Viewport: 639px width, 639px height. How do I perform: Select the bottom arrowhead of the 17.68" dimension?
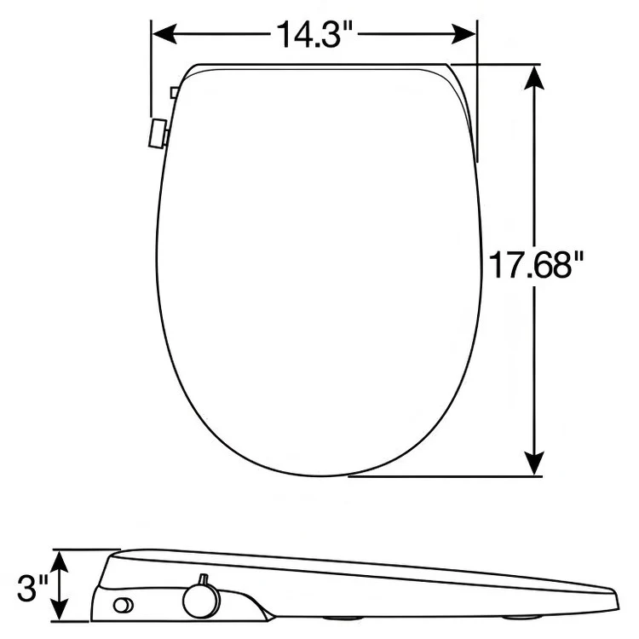tap(534, 463)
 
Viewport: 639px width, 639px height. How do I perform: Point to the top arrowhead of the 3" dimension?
tap(60, 559)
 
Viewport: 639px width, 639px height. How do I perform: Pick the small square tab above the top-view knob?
tap(174, 91)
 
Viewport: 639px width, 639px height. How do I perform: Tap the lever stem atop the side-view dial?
tap(203, 581)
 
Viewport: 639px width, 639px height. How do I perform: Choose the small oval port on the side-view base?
tap(124, 605)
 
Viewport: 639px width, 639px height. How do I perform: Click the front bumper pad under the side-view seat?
tap(519, 618)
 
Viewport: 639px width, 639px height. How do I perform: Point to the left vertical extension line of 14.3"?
tap(150, 77)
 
